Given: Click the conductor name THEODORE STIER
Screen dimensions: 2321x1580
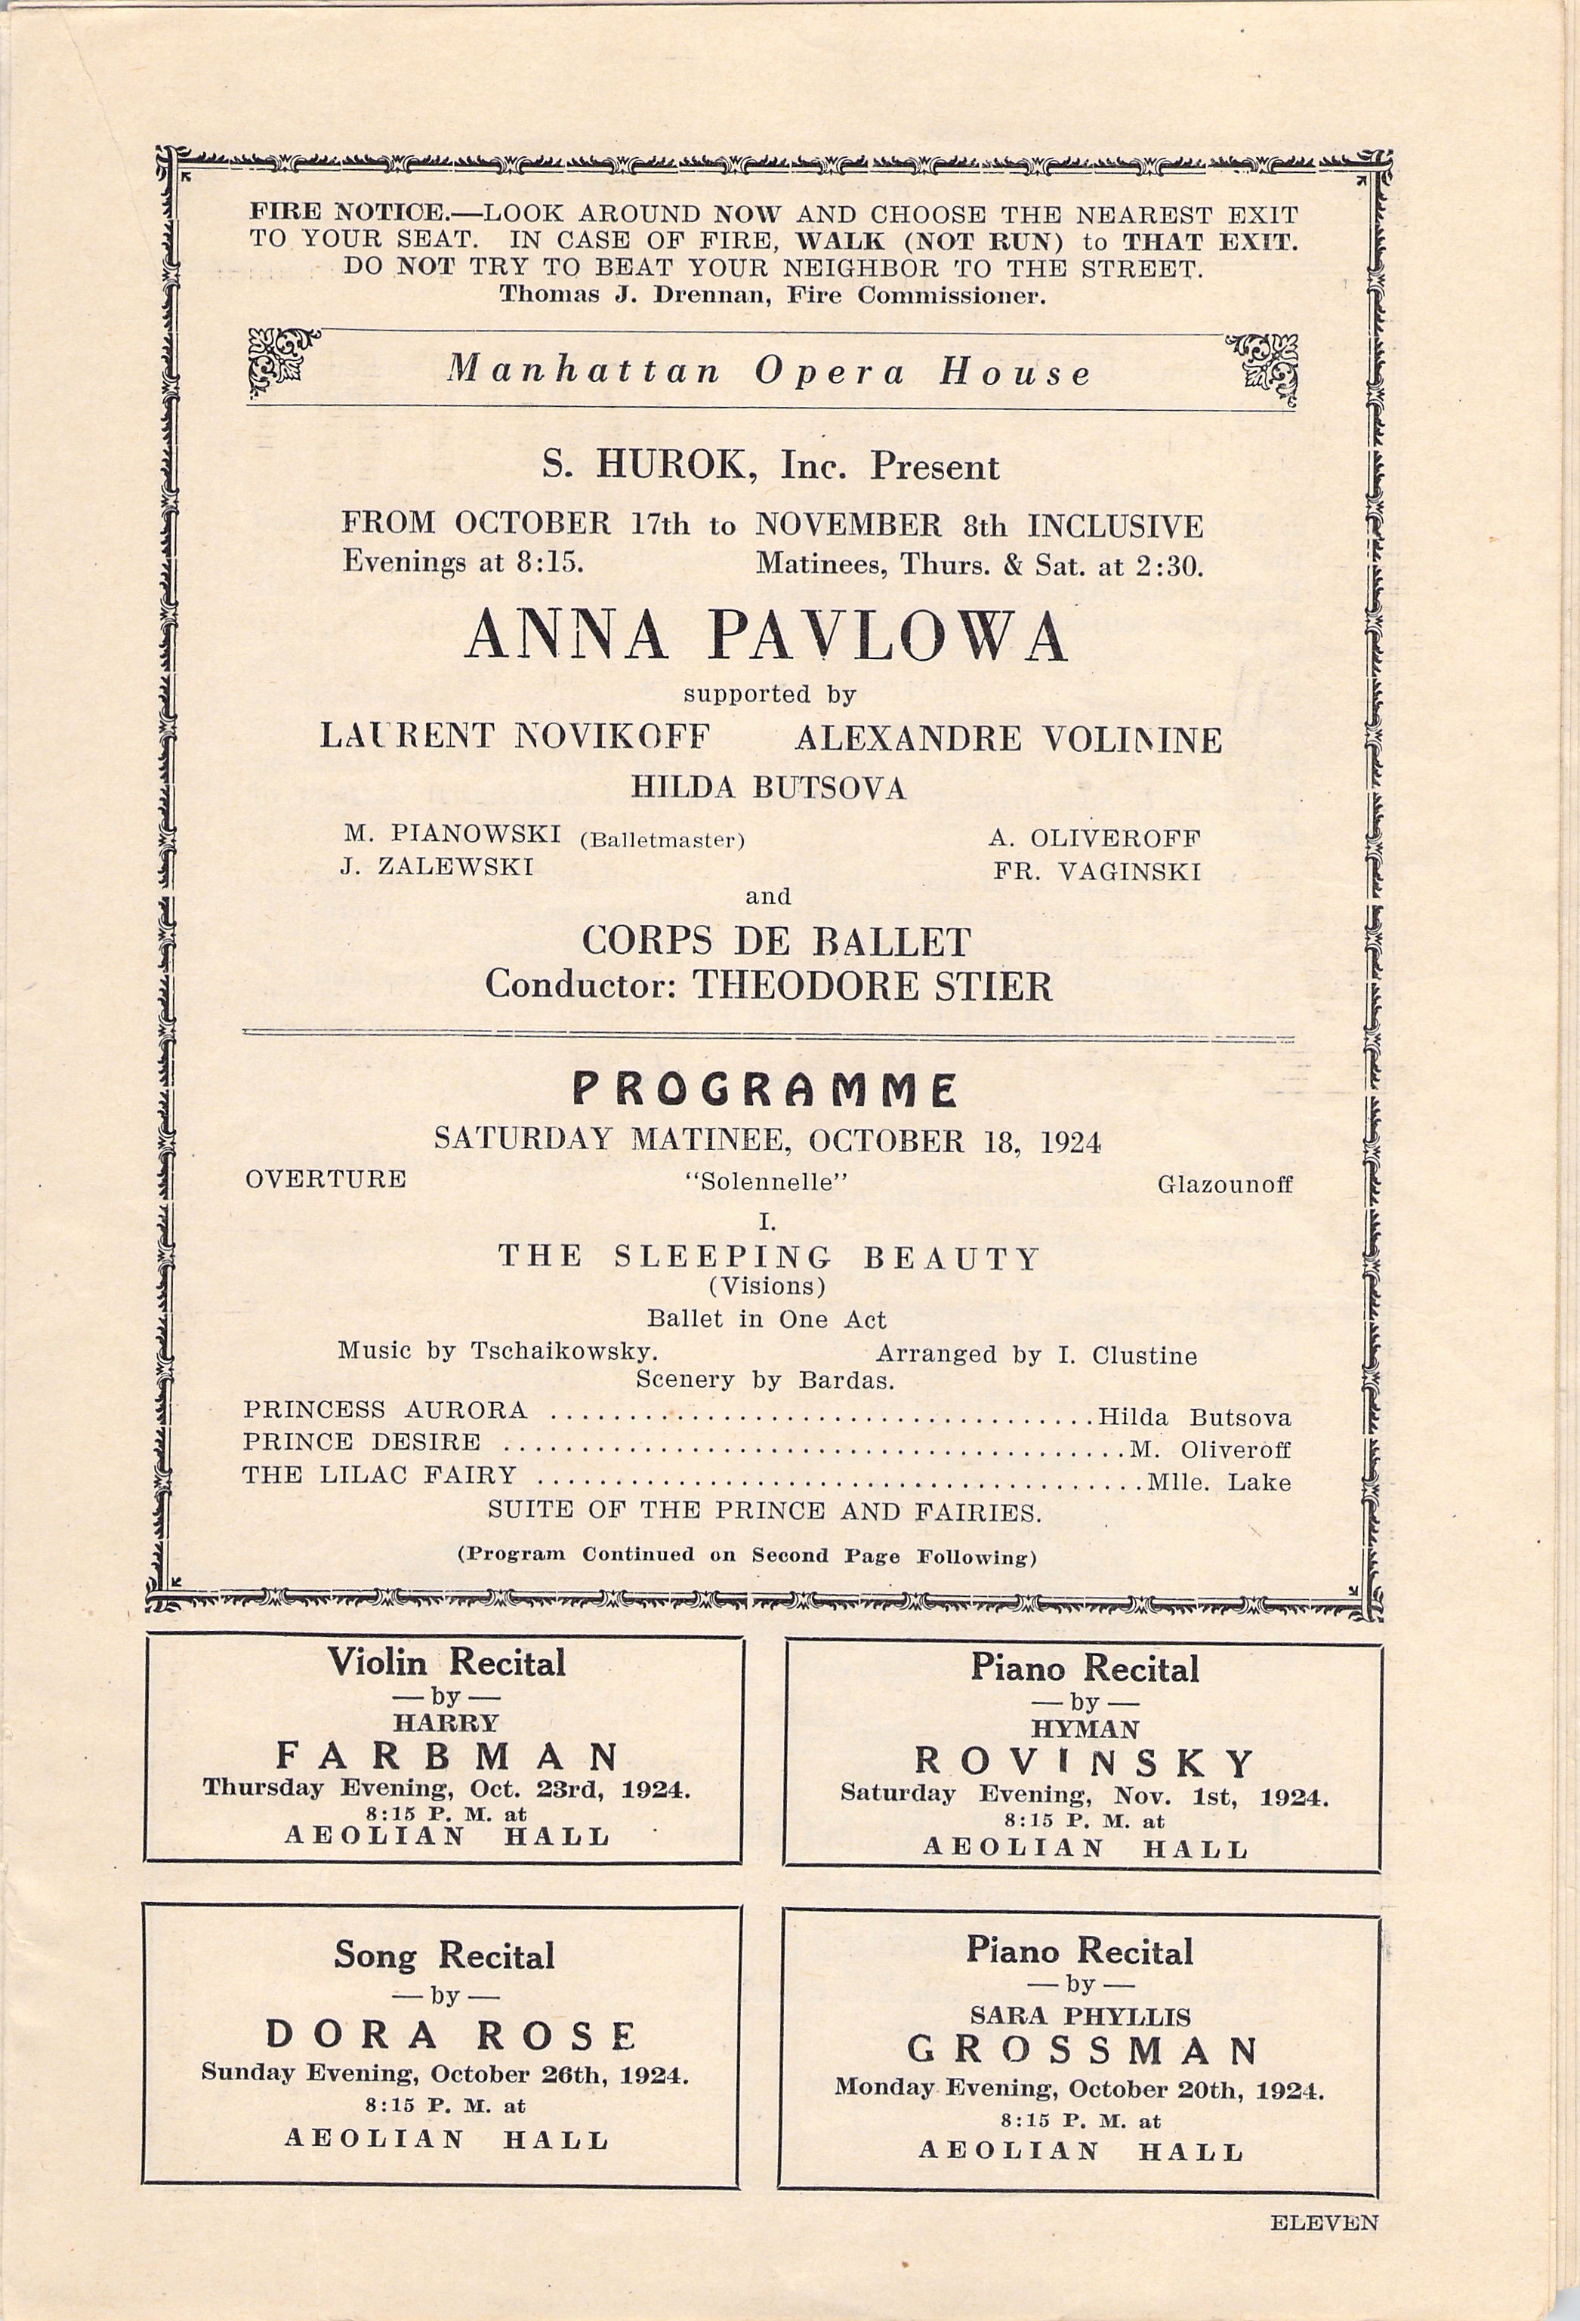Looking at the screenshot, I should tap(872, 986).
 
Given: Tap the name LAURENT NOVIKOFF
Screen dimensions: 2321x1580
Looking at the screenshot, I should tap(514, 737).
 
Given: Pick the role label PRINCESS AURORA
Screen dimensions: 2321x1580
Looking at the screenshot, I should tap(384, 1410).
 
